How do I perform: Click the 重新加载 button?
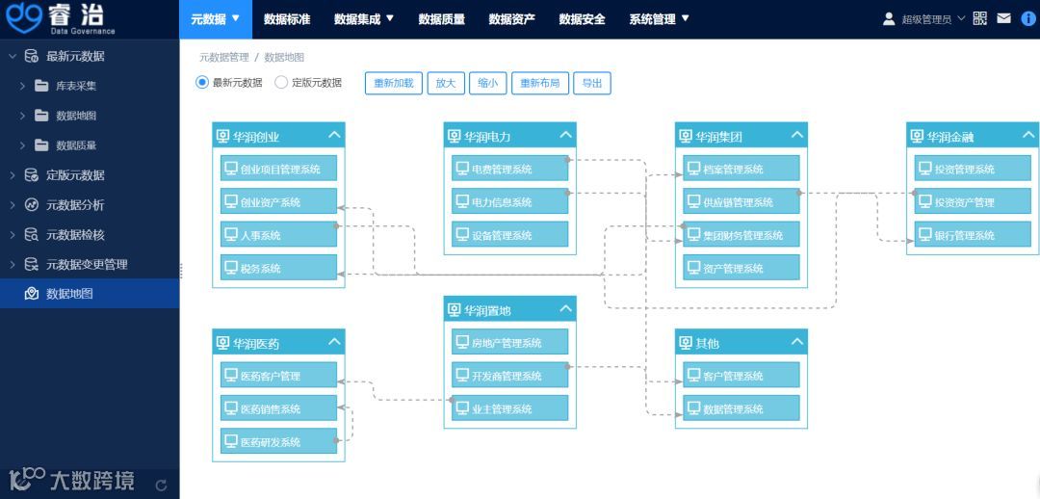click(394, 83)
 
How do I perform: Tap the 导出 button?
click(592, 83)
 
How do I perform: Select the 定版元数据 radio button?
click(281, 83)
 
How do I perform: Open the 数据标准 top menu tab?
click(287, 19)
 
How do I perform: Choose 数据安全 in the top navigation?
click(582, 19)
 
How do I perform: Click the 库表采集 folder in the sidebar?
click(75, 86)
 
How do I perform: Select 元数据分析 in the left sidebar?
click(74, 205)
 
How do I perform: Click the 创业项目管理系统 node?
click(279, 170)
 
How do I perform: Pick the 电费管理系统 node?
click(510, 170)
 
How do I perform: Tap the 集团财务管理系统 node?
click(741, 235)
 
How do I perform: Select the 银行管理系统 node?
click(973, 235)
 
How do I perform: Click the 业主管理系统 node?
click(510, 408)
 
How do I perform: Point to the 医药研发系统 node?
click(279, 442)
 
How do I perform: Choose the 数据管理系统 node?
click(741, 408)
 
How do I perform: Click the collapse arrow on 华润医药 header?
click(334, 341)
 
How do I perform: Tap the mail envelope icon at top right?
click(1003, 18)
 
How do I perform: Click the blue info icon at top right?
click(1028, 18)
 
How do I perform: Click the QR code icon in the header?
click(980, 18)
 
